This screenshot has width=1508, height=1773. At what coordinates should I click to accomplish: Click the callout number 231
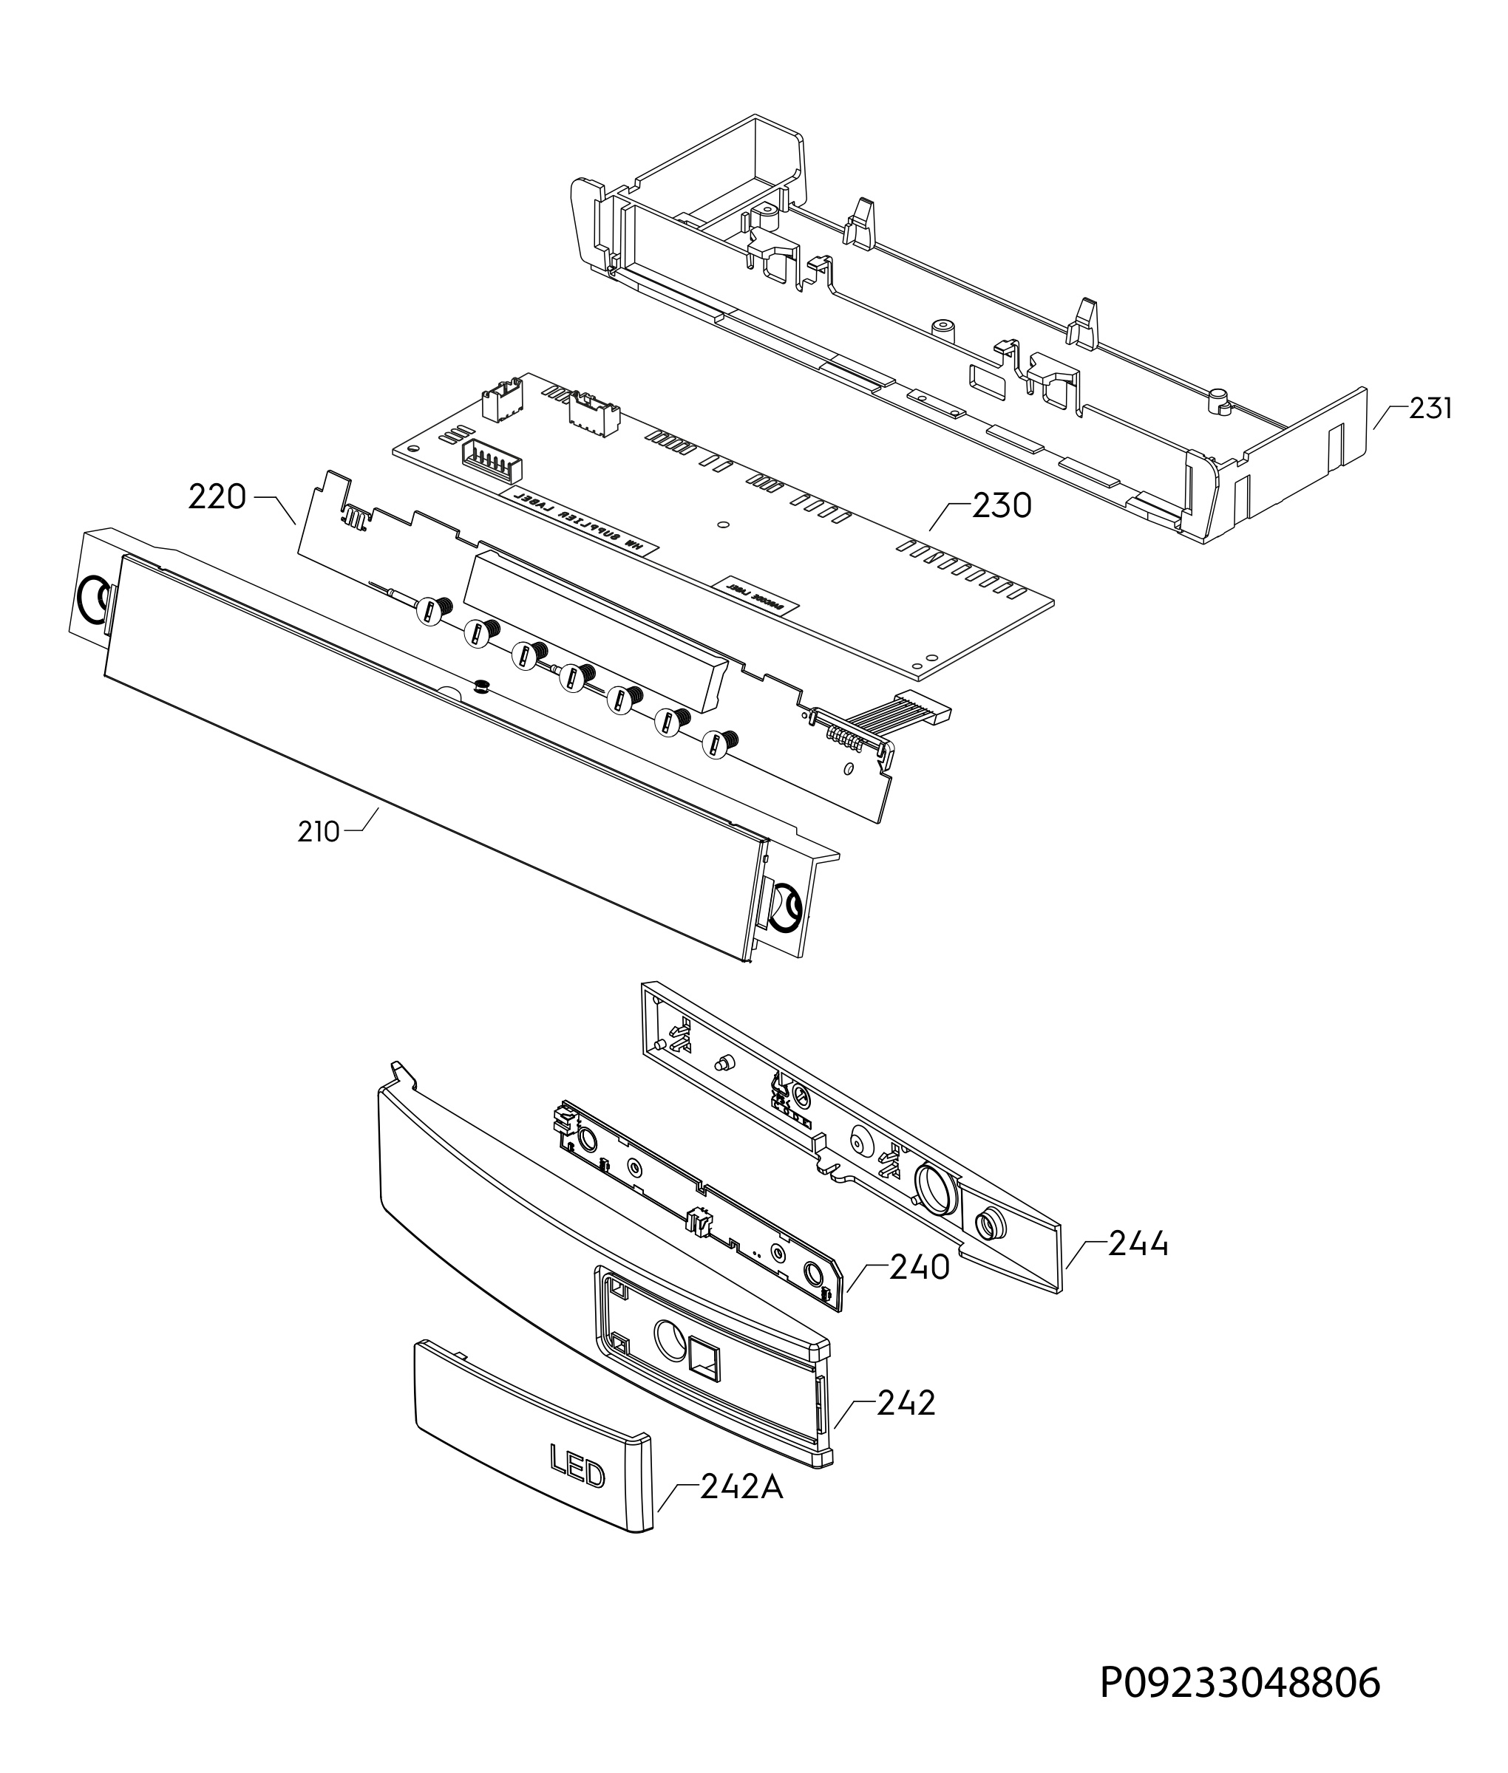[1430, 409]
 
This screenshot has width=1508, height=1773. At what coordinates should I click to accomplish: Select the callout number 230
[1001, 506]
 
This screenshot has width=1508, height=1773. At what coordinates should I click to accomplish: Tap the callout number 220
[217, 496]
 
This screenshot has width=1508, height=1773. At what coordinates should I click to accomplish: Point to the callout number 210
[319, 831]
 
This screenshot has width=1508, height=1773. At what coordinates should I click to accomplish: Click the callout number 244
[1138, 1244]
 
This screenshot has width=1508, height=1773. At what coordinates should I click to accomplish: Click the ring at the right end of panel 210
[785, 909]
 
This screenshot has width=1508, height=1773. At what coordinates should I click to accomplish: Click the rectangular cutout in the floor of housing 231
[988, 380]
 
